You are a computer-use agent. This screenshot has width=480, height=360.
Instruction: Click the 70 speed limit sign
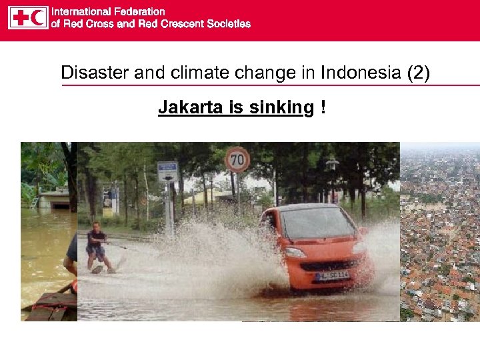pos(237,160)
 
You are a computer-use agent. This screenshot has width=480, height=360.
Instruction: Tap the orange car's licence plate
pos(333,274)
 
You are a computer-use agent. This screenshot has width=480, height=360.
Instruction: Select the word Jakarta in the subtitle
pos(186,107)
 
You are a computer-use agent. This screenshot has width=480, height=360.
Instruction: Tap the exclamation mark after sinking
pos(323,107)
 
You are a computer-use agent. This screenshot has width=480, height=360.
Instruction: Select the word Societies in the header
pos(229,24)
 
